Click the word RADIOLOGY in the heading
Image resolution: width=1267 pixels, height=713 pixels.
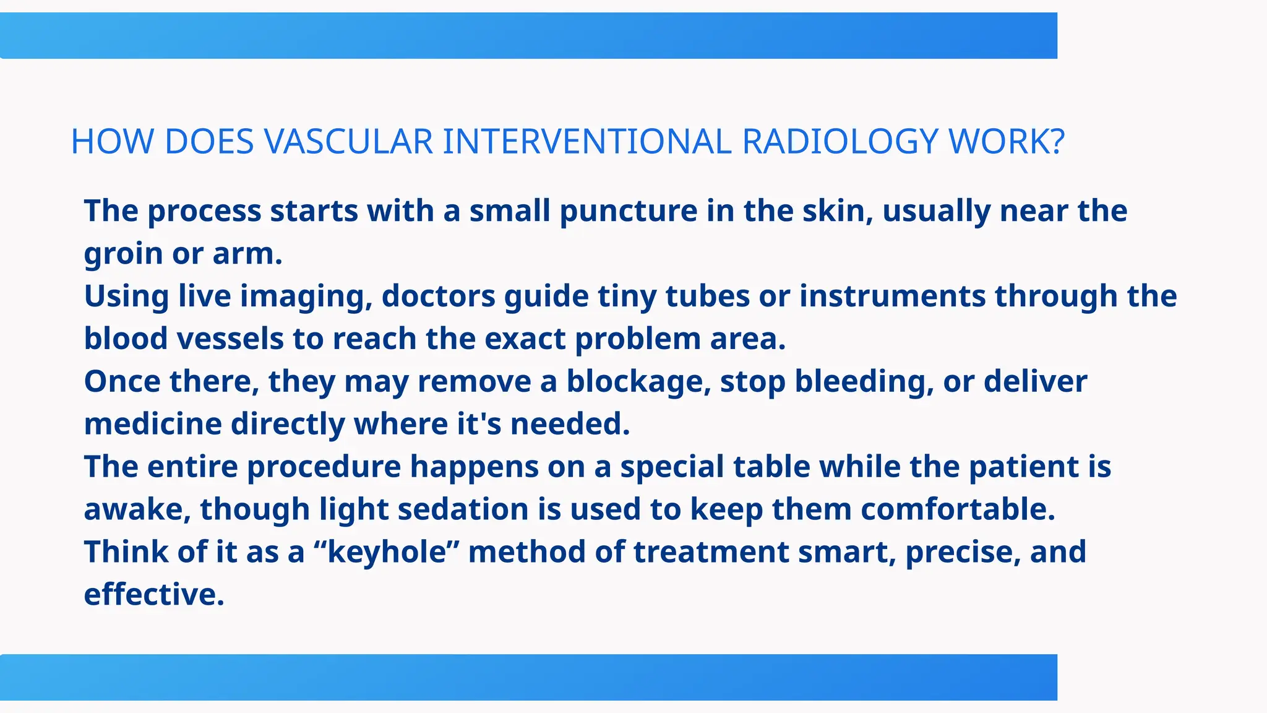tap(840, 142)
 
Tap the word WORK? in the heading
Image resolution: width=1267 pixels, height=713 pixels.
tap(1007, 142)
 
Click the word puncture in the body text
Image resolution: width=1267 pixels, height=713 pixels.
tap(629, 211)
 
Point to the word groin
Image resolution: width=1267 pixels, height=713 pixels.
tap(123, 254)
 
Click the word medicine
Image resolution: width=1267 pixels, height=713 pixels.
tap(153, 425)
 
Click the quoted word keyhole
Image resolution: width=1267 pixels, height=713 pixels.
tap(387, 552)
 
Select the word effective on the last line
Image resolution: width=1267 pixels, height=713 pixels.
tap(153, 595)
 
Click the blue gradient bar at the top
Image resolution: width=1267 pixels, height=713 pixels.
tap(528, 36)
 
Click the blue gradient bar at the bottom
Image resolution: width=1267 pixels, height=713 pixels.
tap(528, 677)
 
